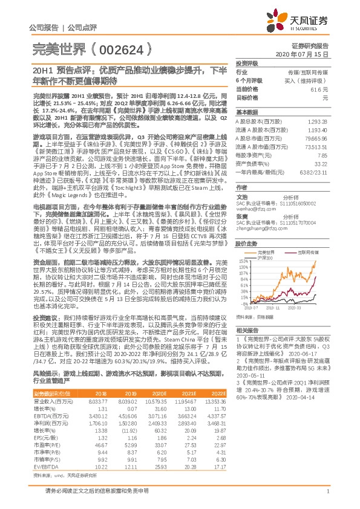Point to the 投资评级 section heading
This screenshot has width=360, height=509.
[x=247, y=63]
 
